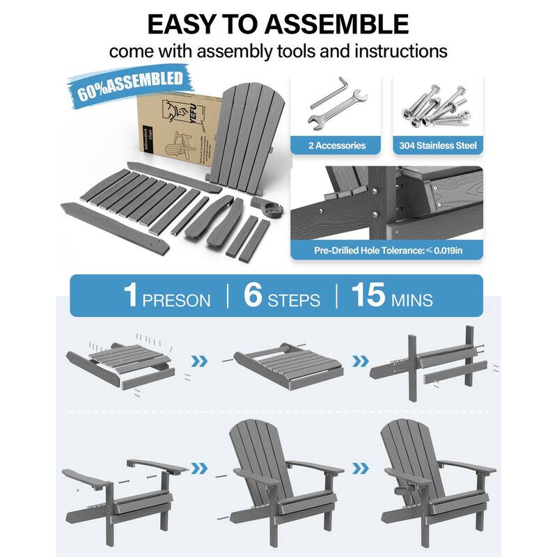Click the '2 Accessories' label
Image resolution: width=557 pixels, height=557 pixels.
click(336, 146)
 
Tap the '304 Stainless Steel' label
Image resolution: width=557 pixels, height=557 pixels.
click(438, 146)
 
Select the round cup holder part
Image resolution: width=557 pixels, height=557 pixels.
click(270, 207)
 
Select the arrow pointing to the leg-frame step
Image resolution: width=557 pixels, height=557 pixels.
click(359, 361)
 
